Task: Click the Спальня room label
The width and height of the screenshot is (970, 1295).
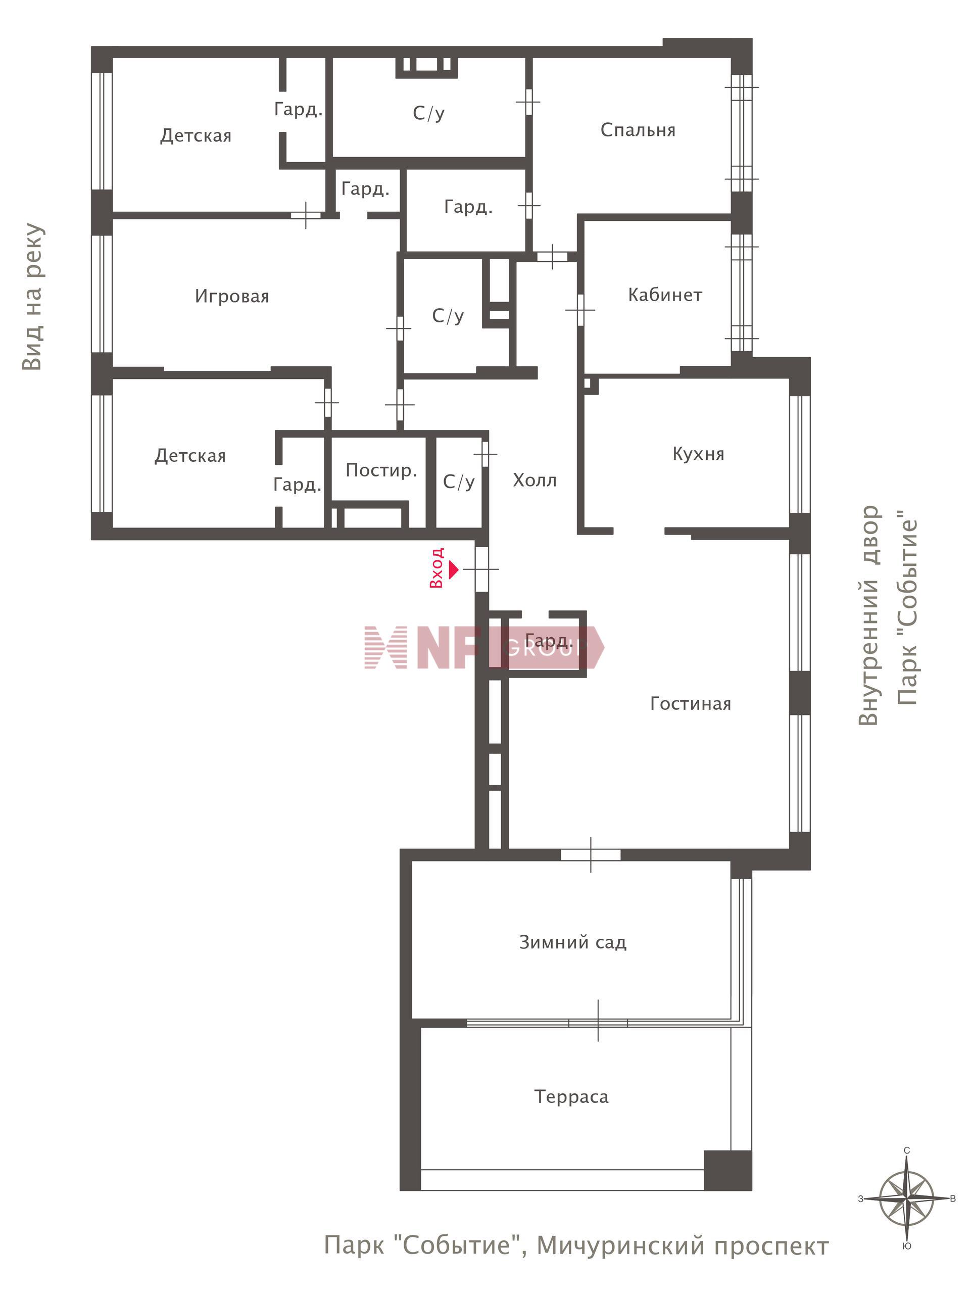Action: pos(638,130)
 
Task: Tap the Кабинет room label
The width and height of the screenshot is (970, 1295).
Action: pos(665,295)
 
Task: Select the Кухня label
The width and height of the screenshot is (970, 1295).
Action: pos(698,454)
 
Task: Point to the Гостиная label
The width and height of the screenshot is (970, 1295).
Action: pos(691,703)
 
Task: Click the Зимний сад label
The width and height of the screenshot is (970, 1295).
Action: pos(573,942)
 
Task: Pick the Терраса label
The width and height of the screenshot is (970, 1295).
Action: pos(571,1096)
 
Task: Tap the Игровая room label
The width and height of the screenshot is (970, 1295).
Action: pos(232,296)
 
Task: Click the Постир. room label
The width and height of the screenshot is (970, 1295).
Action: pos(381,470)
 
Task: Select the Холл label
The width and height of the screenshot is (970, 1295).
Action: pos(535,480)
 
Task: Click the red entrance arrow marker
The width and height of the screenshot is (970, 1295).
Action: pos(453,568)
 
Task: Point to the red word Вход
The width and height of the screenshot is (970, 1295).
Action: pos(437,568)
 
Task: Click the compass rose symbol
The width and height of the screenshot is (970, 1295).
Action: pos(906,1198)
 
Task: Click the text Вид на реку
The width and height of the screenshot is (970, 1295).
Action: pos(33,296)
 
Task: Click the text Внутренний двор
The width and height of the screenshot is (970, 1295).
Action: pos(869,615)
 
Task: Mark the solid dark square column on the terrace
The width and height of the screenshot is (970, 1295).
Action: pos(727,1170)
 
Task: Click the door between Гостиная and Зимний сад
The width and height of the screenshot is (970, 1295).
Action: pos(591,854)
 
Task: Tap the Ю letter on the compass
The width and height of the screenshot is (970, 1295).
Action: pos(906,1245)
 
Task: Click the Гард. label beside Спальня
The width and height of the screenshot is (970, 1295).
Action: pos(468,207)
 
